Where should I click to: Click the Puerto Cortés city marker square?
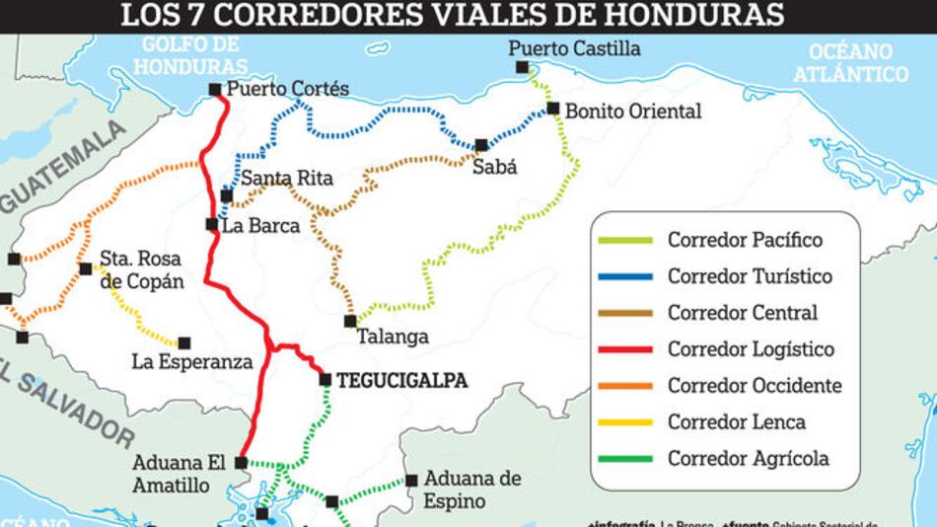coord(215,90)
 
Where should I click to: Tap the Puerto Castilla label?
coord(574,48)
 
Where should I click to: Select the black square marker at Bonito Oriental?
coord(553,109)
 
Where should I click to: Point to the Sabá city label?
coord(494,167)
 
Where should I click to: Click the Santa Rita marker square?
coord(227,195)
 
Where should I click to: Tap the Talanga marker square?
coord(350,321)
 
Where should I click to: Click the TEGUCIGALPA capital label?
coord(401,380)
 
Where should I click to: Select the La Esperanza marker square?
coord(183,342)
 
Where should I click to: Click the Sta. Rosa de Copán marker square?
coord(85,268)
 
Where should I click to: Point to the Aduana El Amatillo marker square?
coord(241,461)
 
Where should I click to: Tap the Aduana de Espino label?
coord(471,489)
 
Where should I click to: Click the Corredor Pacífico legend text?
coord(745,240)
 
